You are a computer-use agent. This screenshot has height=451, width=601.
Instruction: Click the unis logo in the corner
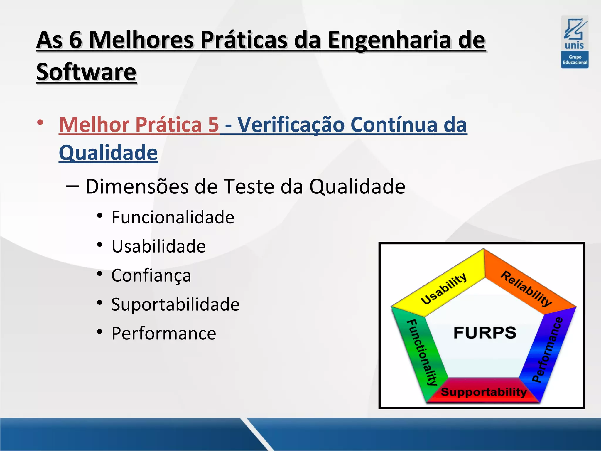[575, 42]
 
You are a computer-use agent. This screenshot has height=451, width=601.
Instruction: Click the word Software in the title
[86, 72]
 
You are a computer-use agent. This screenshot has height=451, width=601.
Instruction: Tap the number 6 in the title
[75, 40]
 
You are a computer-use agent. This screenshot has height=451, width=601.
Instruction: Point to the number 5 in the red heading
[214, 124]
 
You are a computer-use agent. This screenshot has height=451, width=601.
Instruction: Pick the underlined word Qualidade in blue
[108, 153]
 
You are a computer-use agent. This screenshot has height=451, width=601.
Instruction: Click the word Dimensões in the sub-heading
[137, 186]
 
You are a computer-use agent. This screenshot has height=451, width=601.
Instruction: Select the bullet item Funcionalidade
[173, 217]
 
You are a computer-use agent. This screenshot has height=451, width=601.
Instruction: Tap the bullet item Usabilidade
[158, 246]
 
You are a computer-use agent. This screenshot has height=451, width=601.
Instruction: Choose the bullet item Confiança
[151, 275]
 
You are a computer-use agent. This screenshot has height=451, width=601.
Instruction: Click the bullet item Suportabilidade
[175, 304]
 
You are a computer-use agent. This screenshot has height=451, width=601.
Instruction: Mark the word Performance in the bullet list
[164, 333]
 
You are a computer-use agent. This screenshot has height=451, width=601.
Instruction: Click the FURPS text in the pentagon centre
[485, 333]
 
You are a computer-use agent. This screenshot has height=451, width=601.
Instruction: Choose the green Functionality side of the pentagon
[421, 352]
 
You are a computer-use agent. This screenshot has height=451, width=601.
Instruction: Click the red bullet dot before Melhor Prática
[40, 122]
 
